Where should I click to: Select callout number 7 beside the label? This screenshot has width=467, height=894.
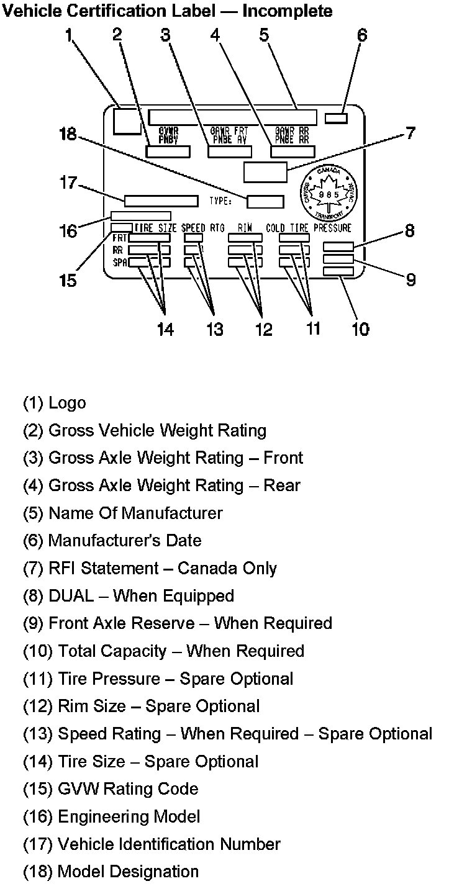pyautogui.click(x=410, y=133)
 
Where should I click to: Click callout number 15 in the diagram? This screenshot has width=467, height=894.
pyautogui.click(x=68, y=280)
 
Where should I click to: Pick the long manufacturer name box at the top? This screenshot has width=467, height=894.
pyautogui.click(x=232, y=117)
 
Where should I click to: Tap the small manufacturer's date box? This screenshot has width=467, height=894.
pyautogui.click(x=336, y=118)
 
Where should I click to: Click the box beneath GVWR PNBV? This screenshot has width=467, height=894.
pyautogui.click(x=168, y=151)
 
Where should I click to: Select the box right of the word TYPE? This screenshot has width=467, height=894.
pyautogui.click(x=265, y=201)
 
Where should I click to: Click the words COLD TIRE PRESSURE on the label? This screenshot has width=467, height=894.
pyautogui.click(x=309, y=228)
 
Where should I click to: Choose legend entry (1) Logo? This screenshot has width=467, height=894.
pyautogui.click(x=55, y=403)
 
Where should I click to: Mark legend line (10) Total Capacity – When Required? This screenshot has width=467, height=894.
pyautogui.click(x=163, y=651)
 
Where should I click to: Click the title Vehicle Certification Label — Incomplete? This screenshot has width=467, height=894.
pyautogui.click(x=168, y=11)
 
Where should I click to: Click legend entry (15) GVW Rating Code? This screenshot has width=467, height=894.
pyautogui.click(x=111, y=789)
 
